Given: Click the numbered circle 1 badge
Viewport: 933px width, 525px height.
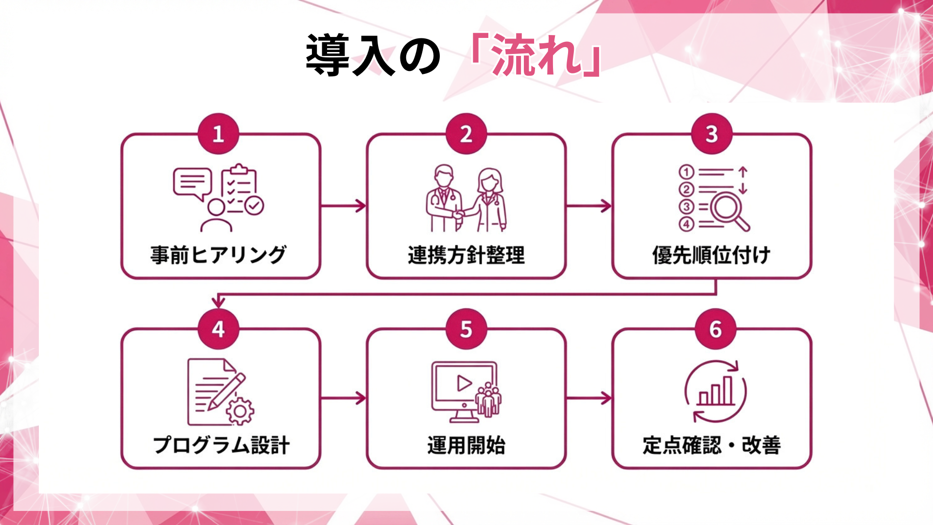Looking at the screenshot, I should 218,134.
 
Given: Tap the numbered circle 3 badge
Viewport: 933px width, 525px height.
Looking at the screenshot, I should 711,134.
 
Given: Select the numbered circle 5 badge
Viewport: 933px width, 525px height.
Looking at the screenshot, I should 466,329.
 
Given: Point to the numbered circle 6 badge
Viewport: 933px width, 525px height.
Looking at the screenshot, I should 715,329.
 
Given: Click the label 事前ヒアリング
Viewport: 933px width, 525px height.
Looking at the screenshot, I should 218,255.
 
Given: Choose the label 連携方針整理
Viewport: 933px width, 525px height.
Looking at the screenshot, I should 466,255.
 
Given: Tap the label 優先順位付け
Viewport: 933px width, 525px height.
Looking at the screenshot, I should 711,255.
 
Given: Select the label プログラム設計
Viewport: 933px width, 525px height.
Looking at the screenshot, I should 221,445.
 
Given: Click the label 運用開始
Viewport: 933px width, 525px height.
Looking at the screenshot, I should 466,445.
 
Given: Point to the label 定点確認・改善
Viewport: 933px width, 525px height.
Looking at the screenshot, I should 711,445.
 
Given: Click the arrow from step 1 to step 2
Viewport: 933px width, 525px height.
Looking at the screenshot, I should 343,206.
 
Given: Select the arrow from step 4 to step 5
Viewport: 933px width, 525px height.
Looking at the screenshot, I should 343,398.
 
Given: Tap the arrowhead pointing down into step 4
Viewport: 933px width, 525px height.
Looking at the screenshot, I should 218,302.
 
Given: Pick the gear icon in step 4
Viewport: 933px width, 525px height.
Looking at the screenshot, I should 240,411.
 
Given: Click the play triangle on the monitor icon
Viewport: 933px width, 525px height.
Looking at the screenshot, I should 464,383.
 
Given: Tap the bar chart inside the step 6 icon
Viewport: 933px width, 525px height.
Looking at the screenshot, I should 715,391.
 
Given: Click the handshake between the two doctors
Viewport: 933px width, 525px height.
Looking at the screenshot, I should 458,213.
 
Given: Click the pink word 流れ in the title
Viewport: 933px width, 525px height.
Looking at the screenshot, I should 536,55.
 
